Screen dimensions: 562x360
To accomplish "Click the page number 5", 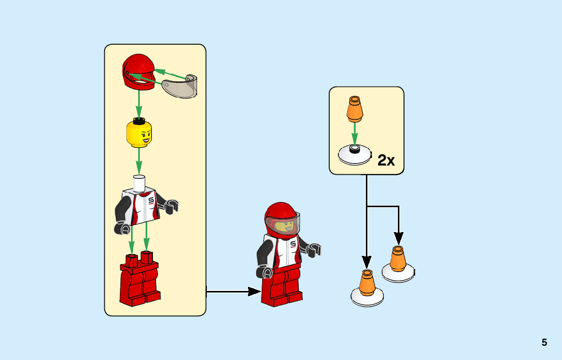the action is click(544, 342).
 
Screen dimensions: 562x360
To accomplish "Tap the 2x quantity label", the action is click(386, 160).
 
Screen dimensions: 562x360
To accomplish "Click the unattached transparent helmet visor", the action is click(180, 86).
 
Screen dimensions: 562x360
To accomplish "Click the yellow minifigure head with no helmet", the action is click(139, 134).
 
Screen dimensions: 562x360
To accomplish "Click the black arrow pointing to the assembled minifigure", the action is click(234, 291).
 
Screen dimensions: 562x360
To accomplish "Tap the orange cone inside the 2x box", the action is click(355, 109).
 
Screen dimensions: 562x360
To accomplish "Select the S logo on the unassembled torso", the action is click(151, 202).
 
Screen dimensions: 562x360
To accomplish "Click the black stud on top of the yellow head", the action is click(139, 120).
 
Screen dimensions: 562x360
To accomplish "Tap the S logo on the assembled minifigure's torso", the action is click(293, 245).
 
